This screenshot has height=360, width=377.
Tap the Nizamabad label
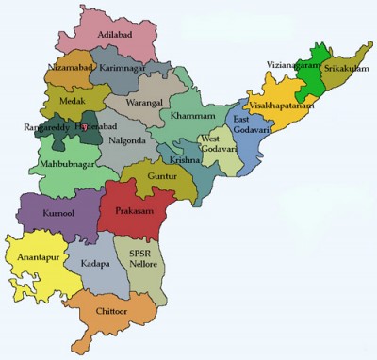coord(71,69)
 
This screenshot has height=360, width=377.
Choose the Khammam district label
coord(192,116)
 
